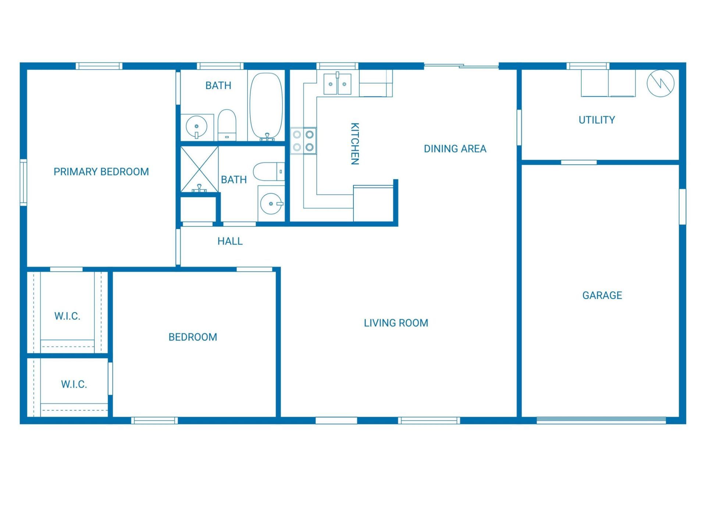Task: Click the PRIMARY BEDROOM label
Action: [x=101, y=172]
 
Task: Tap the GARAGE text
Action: [x=602, y=295]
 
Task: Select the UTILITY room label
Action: [x=596, y=120]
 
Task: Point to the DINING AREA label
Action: [x=455, y=149]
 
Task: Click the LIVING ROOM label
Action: [x=396, y=323]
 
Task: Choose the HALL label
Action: [x=230, y=241]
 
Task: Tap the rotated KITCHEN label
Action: [x=354, y=144]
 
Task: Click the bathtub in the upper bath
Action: [x=266, y=106]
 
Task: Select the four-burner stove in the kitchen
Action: [x=303, y=141]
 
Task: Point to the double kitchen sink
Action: [x=337, y=84]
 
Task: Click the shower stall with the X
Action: [x=199, y=169]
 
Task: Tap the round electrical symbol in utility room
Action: [x=660, y=84]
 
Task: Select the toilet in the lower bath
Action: [x=269, y=172]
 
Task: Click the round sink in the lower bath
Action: [x=271, y=204]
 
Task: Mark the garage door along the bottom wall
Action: [x=601, y=420]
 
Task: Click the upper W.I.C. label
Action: [x=67, y=316]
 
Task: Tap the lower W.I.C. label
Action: [x=74, y=384]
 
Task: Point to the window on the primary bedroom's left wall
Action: [x=23, y=182]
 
